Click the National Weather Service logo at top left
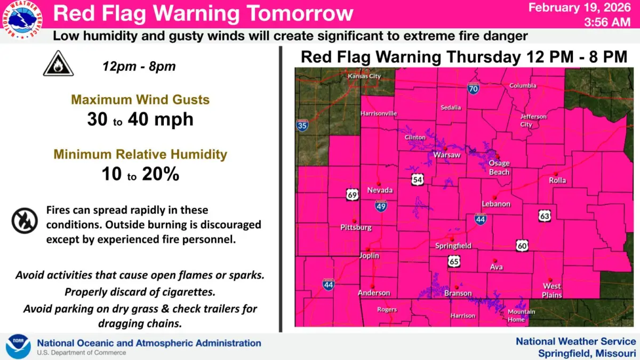pyautogui.click(x=22, y=22)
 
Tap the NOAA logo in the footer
pyautogui.click(x=18, y=347)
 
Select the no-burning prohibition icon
pyautogui.click(x=25, y=220)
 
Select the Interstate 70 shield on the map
pyautogui.click(x=473, y=89)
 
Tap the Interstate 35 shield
pyautogui.click(x=302, y=125)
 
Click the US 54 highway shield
pyautogui.click(x=418, y=180)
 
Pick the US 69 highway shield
pyautogui.click(x=351, y=194)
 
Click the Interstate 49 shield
pyautogui.click(x=380, y=206)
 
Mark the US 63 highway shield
pyautogui.click(x=544, y=216)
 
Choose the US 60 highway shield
pyautogui.click(x=522, y=245)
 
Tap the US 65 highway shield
pyautogui.click(x=454, y=262)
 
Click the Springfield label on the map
pyautogui.click(x=453, y=246)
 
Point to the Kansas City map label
pyautogui.click(x=364, y=76)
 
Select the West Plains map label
pyautogui.click(x=552, y=290)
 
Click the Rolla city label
pyautogui.click(x=557, y=180)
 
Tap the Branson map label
pyautogui.click(x=458, y=293)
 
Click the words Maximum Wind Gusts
pyautogui.click(x=140, y=100)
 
